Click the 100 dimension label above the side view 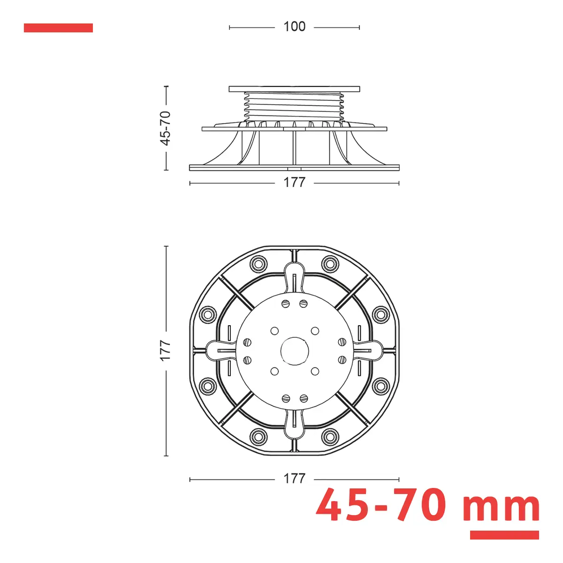[294, 27]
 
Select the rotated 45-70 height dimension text [165, 128]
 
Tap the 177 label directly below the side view [294, 183]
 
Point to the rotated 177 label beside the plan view [165, 350]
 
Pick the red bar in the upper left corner [59, 28]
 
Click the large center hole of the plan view [295, 351]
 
